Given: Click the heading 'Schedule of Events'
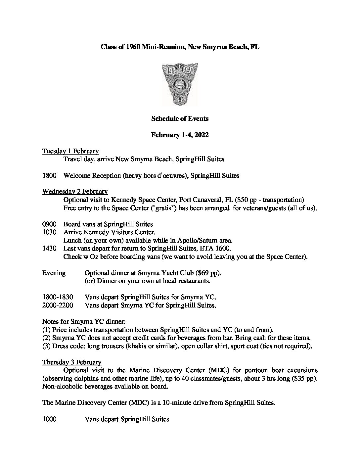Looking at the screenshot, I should tap(180, 118).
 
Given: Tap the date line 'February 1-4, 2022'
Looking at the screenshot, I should tap(180, 135).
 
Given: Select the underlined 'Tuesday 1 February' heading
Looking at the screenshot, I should tap(70, 151).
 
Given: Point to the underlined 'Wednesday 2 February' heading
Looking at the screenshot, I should tap(75, 192).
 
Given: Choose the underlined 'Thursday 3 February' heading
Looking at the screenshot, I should tap(72, 362).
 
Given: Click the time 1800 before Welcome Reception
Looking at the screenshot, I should tap(49, 176).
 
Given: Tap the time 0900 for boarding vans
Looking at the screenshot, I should tap(49, 224).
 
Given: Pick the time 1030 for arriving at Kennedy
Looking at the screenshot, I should tap(49, 232).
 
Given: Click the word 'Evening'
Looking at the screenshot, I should tap(54, 273).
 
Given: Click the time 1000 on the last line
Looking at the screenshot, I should tap(49, 419).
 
